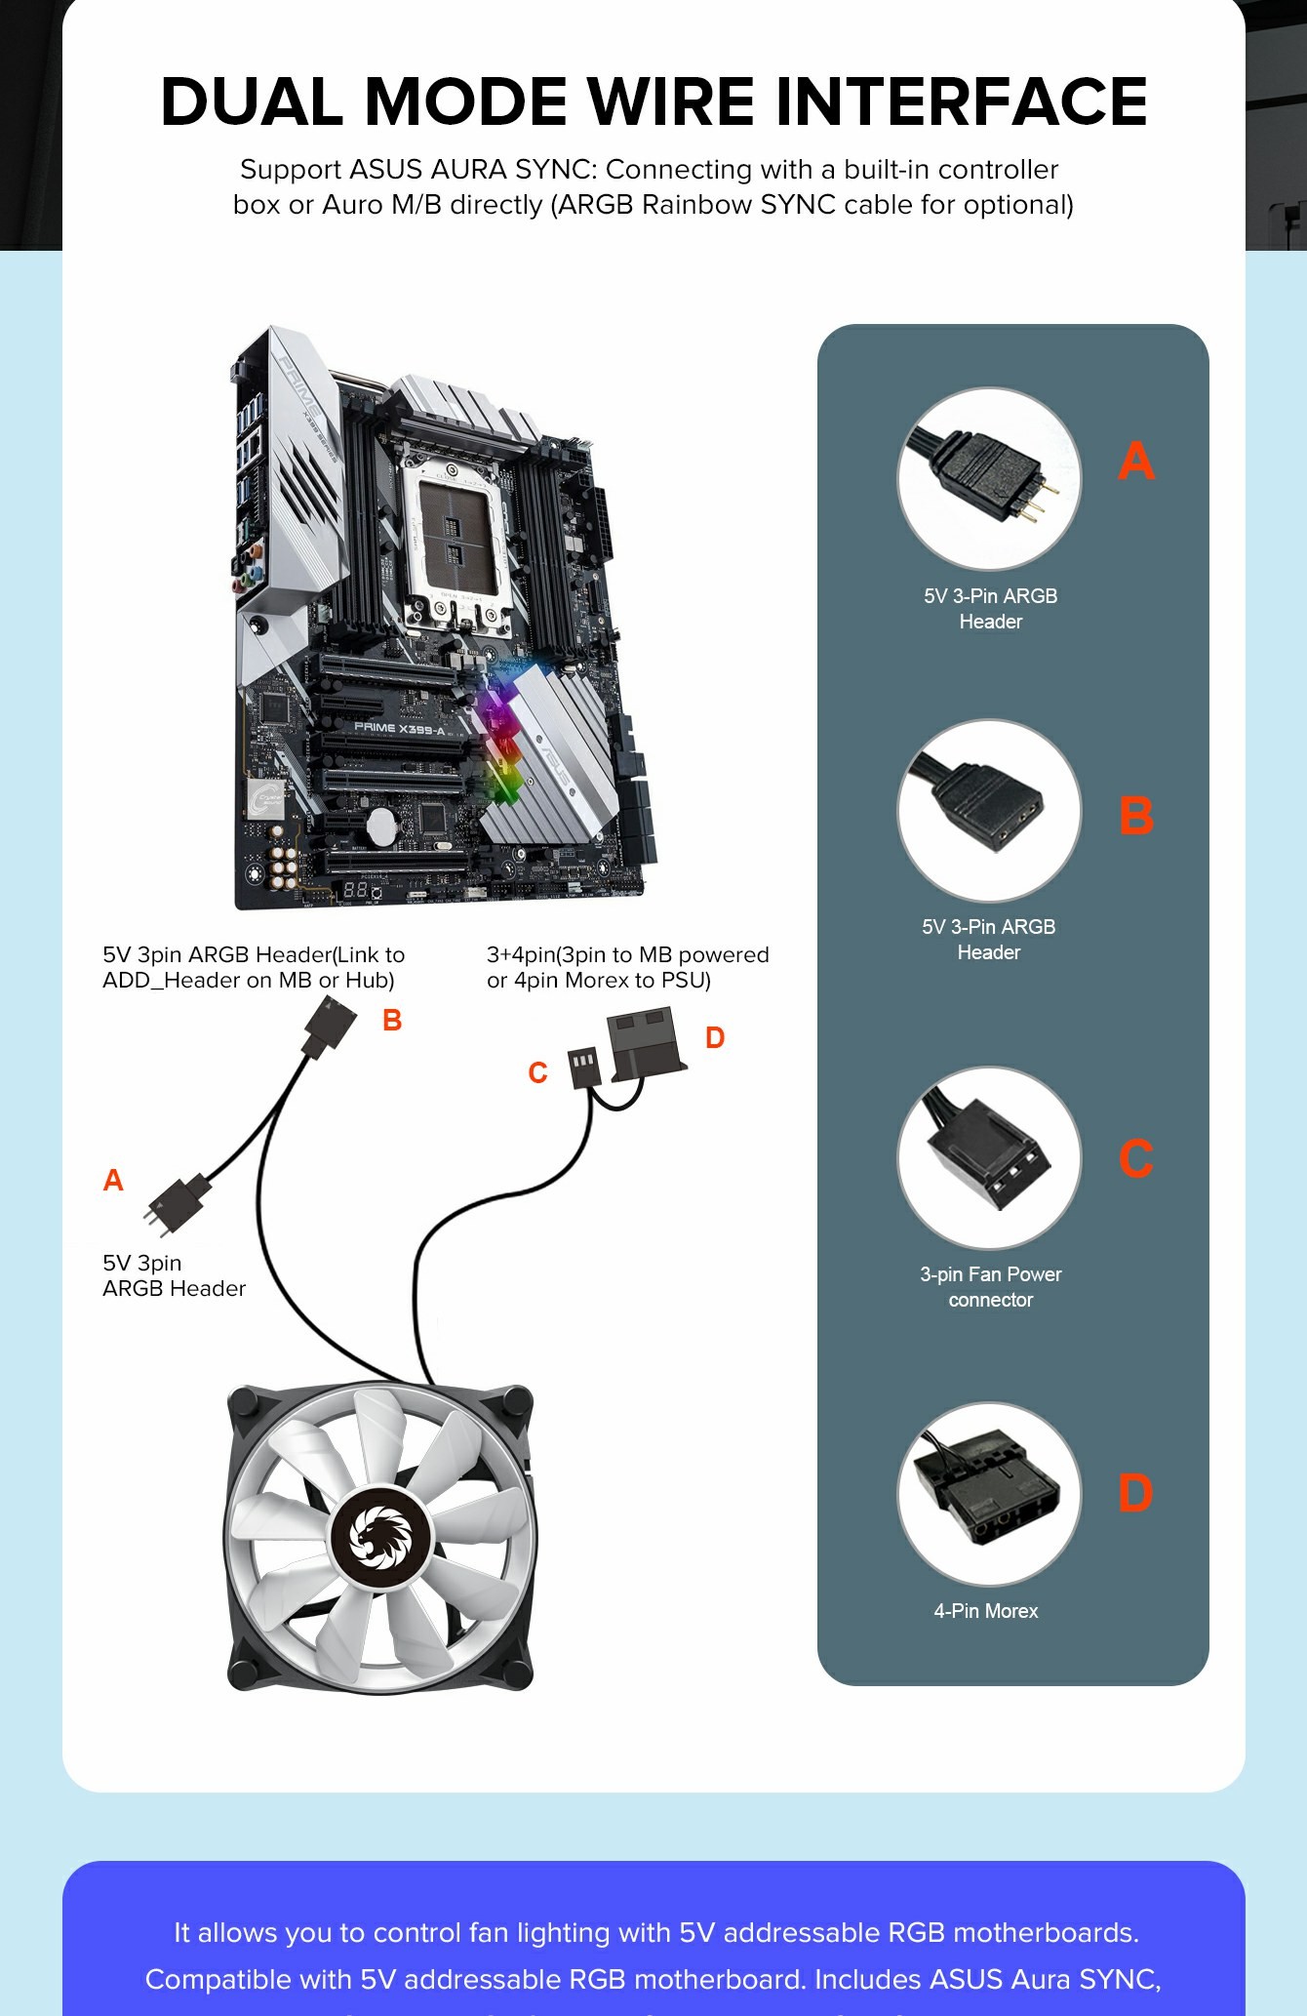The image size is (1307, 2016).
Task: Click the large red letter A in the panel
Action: click(x=1136, y=461)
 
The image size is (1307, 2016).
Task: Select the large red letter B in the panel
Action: click(x=1136, y=816)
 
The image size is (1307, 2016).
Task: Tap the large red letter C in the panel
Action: click(x=1136, y=1158)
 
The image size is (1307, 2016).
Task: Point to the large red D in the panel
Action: click(x=1136, y=1493)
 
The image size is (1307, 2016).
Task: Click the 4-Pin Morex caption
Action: click(x=986, y=1611)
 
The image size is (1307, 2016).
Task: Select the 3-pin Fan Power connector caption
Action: click(x=990, y=1286)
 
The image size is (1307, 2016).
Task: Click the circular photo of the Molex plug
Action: click(x=989, y=1494)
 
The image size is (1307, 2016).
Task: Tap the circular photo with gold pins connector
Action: click(x=989, y=479)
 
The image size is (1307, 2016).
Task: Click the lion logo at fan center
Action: click(x=379, y=1538)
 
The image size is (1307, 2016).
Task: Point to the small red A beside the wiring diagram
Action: click(x=113, y=1181)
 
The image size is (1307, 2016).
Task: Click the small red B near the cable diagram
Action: click(x=392, y=1021)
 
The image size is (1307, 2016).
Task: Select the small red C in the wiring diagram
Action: click(x=537, y=1073)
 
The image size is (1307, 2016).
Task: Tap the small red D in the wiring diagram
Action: click(x=715, y=1038)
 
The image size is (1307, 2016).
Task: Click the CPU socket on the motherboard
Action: click(x=454, y=532)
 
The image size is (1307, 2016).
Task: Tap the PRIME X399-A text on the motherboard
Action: click(x=399, y=728)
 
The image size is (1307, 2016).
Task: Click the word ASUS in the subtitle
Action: click(x=387, y=170)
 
